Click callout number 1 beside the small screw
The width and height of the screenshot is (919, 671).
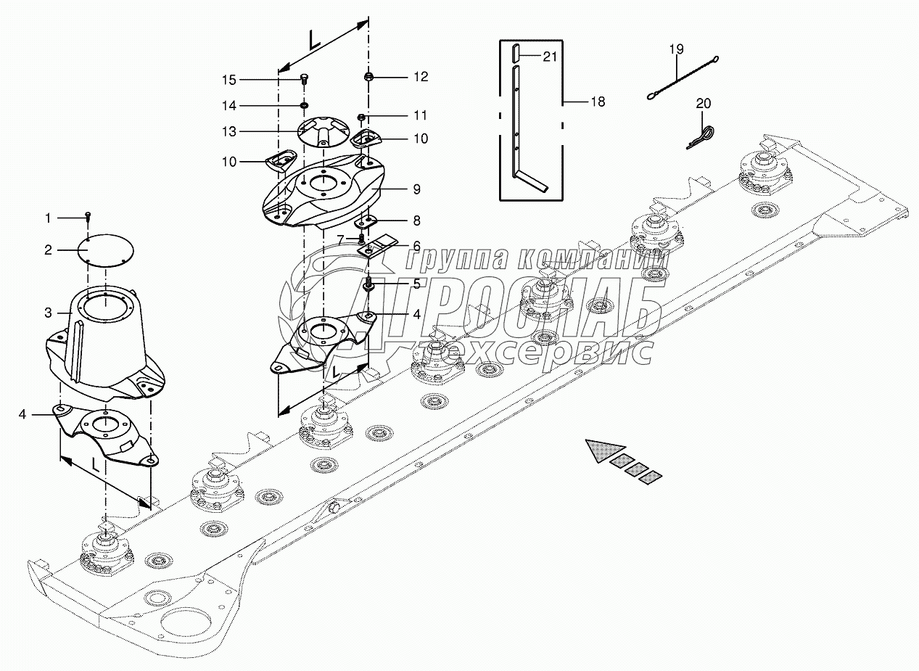(49, 218)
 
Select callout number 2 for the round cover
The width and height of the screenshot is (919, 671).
(49, 250)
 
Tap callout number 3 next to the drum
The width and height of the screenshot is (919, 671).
(49, 313)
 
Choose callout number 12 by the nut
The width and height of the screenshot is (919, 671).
(421, 77)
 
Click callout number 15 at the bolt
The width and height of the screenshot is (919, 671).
(229, 79)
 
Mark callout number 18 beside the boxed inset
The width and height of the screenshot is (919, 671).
(598, 102)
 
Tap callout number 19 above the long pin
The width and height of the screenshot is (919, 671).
(676, 49)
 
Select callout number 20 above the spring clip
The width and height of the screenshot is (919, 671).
(704, 104)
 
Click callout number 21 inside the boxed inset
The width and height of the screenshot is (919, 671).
(550, 57)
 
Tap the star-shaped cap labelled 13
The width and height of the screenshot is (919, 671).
(322, 131)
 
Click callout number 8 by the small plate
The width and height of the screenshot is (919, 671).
(417, 220)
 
